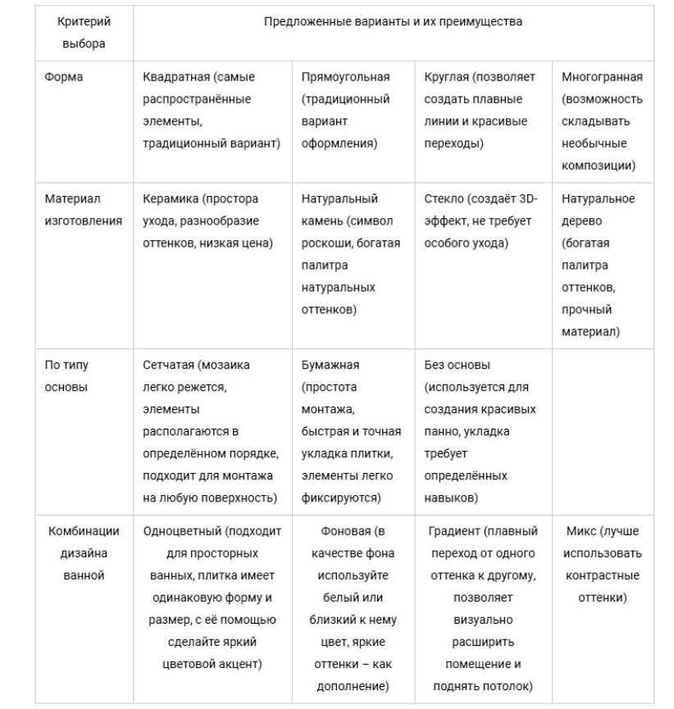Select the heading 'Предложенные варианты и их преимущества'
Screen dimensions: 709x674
393,22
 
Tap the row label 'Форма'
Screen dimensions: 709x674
64,77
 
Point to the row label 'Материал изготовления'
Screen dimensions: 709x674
83,210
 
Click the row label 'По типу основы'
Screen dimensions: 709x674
66,376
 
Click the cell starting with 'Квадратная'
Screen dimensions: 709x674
212,110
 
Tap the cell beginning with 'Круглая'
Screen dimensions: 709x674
479,110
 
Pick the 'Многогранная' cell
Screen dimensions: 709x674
602,121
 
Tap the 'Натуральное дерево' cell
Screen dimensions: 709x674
598,266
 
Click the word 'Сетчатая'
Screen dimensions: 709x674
171,365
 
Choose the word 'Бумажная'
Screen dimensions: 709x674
330,365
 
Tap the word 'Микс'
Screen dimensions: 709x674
582,531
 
